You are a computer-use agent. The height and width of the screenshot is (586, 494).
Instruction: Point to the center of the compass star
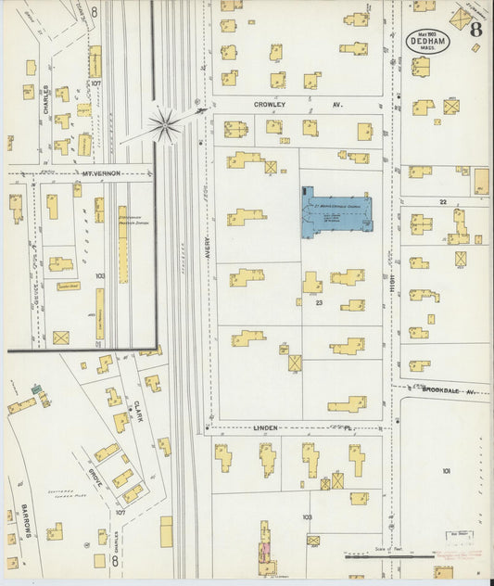click(165, 124)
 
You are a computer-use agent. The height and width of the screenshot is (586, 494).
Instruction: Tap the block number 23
click(318, 303)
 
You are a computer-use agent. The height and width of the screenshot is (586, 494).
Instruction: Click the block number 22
click(443, 201)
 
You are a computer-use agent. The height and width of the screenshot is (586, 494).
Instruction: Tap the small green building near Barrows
click(36, 389)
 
